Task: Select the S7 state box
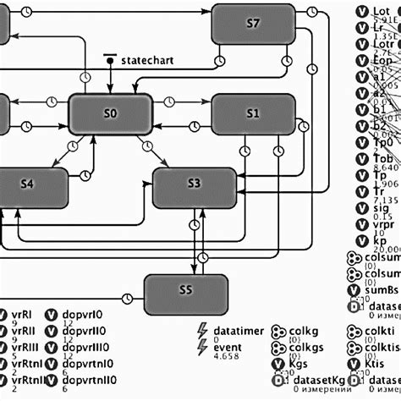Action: point(252,24)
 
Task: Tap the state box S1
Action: point(252,113)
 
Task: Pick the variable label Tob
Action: point(382,158)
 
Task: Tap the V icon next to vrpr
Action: point(358,228)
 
